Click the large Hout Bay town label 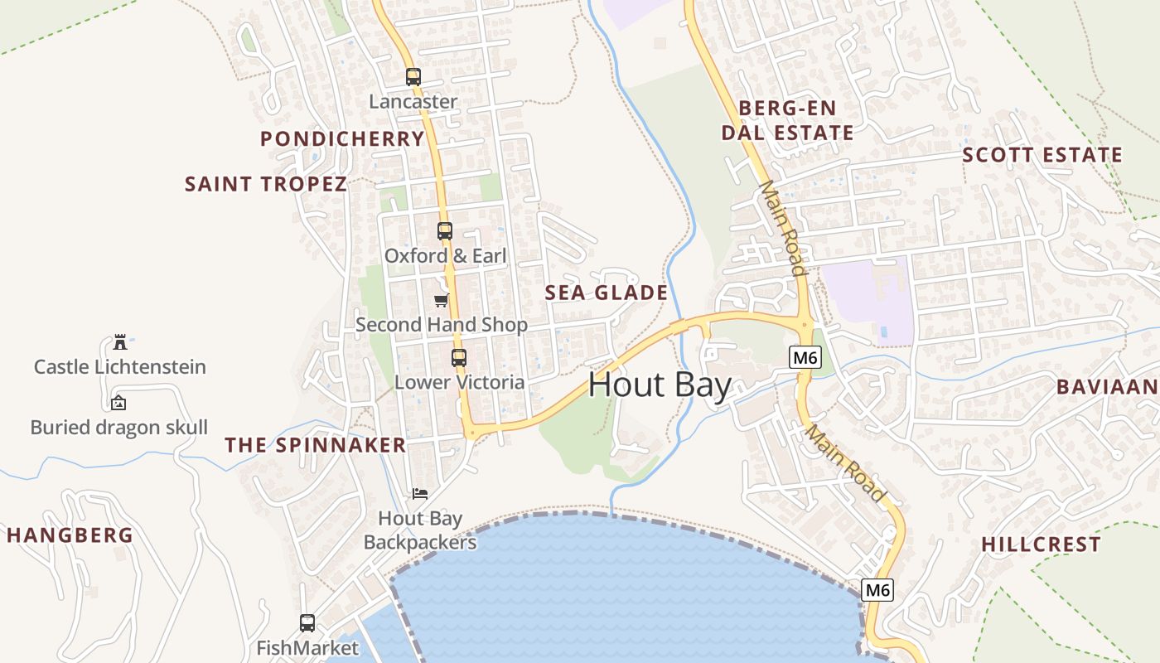660,386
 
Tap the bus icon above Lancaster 413,77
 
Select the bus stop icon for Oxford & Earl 445,231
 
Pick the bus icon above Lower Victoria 459,358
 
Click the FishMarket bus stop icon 307,622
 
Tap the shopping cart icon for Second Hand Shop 442,300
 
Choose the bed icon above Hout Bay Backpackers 420,494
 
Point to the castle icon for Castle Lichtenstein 120,342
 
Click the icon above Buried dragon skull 118,404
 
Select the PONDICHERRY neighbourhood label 342,138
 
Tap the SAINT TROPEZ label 266,184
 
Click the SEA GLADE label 607,293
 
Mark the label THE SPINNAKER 316,445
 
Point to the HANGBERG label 70,535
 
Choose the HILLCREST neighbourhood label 1042,544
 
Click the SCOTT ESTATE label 1042,155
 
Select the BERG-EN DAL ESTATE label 787,120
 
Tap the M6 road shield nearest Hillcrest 877,590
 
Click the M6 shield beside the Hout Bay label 805,358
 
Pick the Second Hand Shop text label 442,325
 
